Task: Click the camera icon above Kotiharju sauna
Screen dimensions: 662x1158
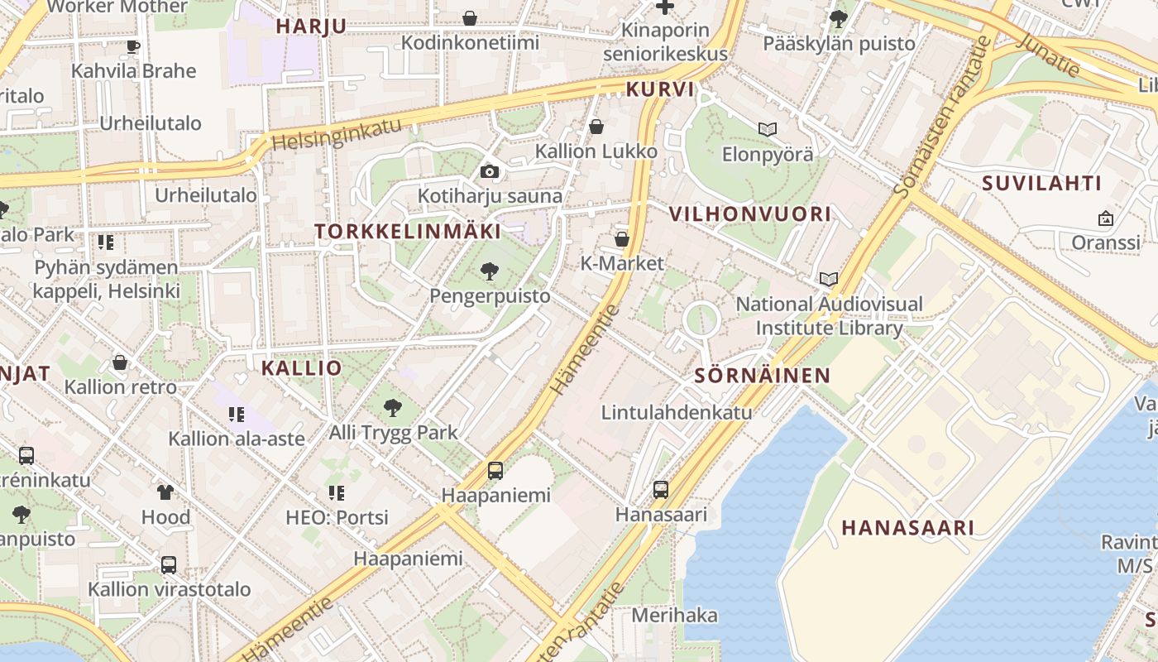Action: (x=490, y=171)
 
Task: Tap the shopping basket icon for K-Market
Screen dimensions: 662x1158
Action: (x=622, y=239)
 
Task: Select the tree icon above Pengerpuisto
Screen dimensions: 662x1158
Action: (x=490, y=271)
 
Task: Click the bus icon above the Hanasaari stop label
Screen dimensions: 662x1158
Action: (x=660, y=489)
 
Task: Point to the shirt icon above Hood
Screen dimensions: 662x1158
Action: (x=165, y=492)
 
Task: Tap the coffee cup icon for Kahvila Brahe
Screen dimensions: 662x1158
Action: (x=132, y=46)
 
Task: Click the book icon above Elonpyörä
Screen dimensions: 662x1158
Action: (x=768, y=129)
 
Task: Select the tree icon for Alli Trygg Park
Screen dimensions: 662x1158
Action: (x=393, y=407)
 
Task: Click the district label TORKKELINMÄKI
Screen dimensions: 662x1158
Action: (x=408, y=232)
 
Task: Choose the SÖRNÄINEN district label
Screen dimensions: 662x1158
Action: (x=762, y=376)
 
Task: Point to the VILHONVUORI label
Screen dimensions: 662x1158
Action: (x=749, y=214)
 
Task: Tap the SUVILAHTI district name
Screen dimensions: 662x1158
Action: (x=1042, y=184)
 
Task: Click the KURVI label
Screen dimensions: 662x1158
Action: (x=660, y=89)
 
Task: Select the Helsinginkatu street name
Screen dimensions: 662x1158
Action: (x=337, y=133)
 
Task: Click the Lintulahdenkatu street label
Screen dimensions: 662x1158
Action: (x=677, y=412)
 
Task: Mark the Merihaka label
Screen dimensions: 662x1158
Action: (x=674, y=616)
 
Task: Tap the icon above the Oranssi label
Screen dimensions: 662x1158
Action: (x=1105, y=218)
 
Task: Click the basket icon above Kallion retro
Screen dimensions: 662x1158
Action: (x=120, y=362)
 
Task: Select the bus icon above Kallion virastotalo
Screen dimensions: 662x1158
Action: (x=169, y=565)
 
